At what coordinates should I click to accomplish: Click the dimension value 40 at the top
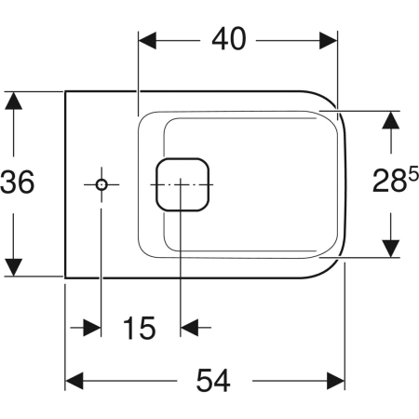(x=229, y=39)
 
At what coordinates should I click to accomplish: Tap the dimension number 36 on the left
(x=18, y=182)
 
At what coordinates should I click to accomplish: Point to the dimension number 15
(x=140, y=328)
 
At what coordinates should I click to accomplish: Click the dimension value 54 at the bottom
(x=213, y=380)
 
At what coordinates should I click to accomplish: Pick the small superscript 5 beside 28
(x=413, y=173)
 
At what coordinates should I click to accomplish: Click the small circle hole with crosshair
(x=101, y=185)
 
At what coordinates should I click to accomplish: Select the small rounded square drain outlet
(x=182, y=184)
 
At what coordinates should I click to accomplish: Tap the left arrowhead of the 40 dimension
(x=147, y=40)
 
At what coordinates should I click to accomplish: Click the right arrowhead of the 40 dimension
(x=328, y=40)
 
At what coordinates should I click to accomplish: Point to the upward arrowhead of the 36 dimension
(x=13, y=101)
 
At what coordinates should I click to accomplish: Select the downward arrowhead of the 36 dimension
(x=13, y=267)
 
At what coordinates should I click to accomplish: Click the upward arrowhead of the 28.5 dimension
(x=390, y=119)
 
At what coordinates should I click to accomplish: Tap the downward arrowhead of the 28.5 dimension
(x=390, y=249)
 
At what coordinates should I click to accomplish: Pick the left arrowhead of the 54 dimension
(x=74, y=381)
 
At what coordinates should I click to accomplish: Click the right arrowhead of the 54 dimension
(x=335, y=381)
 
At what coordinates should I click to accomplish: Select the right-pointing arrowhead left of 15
(x=92, y=328)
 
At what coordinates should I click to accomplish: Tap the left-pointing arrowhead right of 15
(x=189, y=328)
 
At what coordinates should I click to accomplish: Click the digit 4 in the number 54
(x=222, y=380)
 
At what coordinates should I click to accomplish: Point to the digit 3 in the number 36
(x=8, y=182)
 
